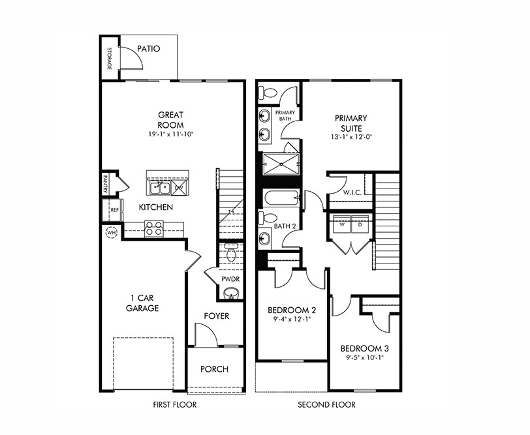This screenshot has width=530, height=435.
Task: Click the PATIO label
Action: tap(148, 48)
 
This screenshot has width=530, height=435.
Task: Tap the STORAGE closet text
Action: tap(110, 59)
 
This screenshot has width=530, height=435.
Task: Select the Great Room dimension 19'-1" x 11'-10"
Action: tap(170, 134)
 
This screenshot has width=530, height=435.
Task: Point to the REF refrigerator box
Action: tap(114, 209)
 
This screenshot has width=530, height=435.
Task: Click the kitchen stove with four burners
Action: tap(154, 228)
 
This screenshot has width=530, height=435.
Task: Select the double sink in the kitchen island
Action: tap(159, 188)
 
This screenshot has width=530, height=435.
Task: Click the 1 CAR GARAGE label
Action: tap(142, 303)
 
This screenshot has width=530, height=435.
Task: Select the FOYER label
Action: tap(216, 316)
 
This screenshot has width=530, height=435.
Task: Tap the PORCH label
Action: tap(214, 369)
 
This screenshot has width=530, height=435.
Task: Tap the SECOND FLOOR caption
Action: tap(327, 405)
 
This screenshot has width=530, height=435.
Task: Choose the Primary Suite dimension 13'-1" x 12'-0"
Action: tap(351, 138)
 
